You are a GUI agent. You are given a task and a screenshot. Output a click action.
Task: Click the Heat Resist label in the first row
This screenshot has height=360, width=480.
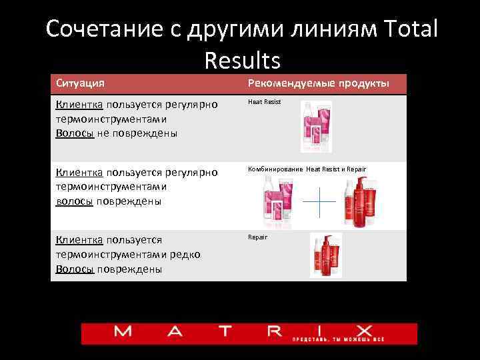265,102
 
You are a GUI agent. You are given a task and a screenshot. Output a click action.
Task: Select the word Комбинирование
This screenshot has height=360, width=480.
276,169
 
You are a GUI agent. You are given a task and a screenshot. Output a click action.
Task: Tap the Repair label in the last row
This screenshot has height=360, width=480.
257,237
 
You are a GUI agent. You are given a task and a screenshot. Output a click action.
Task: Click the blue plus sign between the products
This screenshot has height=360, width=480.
318,201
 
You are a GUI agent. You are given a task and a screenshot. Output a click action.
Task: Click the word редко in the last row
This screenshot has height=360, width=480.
185,254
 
